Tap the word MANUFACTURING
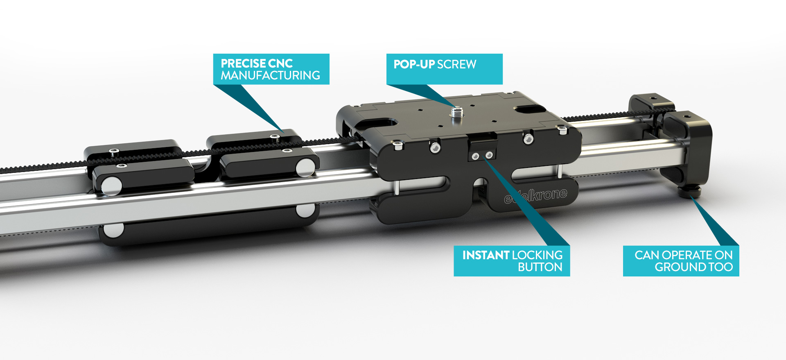tap(270, 75)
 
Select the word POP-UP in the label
tap(414, 64)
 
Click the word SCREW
tap(457, 64)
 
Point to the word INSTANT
tap(486, 255)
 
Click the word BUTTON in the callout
tap(540, 267)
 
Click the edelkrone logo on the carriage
tap(535, 196)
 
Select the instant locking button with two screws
tap(482, 147)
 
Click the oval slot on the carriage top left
tap(378, 122)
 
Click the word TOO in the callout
tap(721, 267)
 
